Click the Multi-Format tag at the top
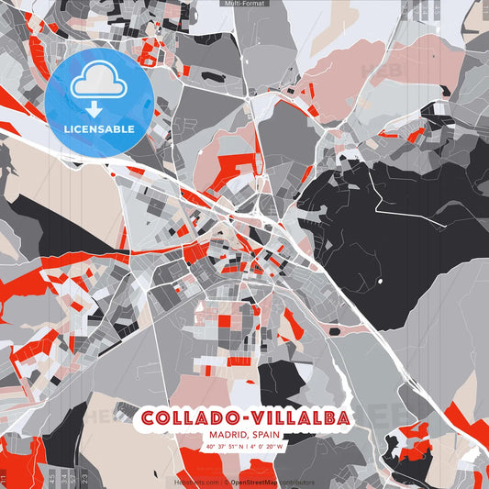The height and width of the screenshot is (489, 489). click(x=244, y=4)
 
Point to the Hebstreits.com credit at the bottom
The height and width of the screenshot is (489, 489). click(x=194, y=482)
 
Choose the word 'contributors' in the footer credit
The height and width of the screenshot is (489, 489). click(x=296, y=482)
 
